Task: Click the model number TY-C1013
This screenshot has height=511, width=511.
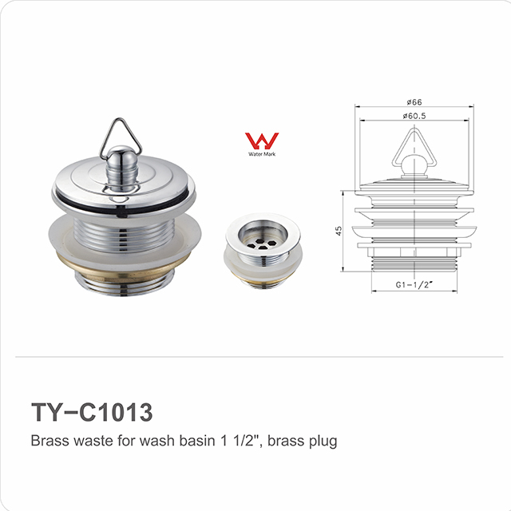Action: (x=91, y=412)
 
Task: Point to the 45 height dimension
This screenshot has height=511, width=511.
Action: (x=338, y=231)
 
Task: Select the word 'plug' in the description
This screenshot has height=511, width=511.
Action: (x=323, y=441)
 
